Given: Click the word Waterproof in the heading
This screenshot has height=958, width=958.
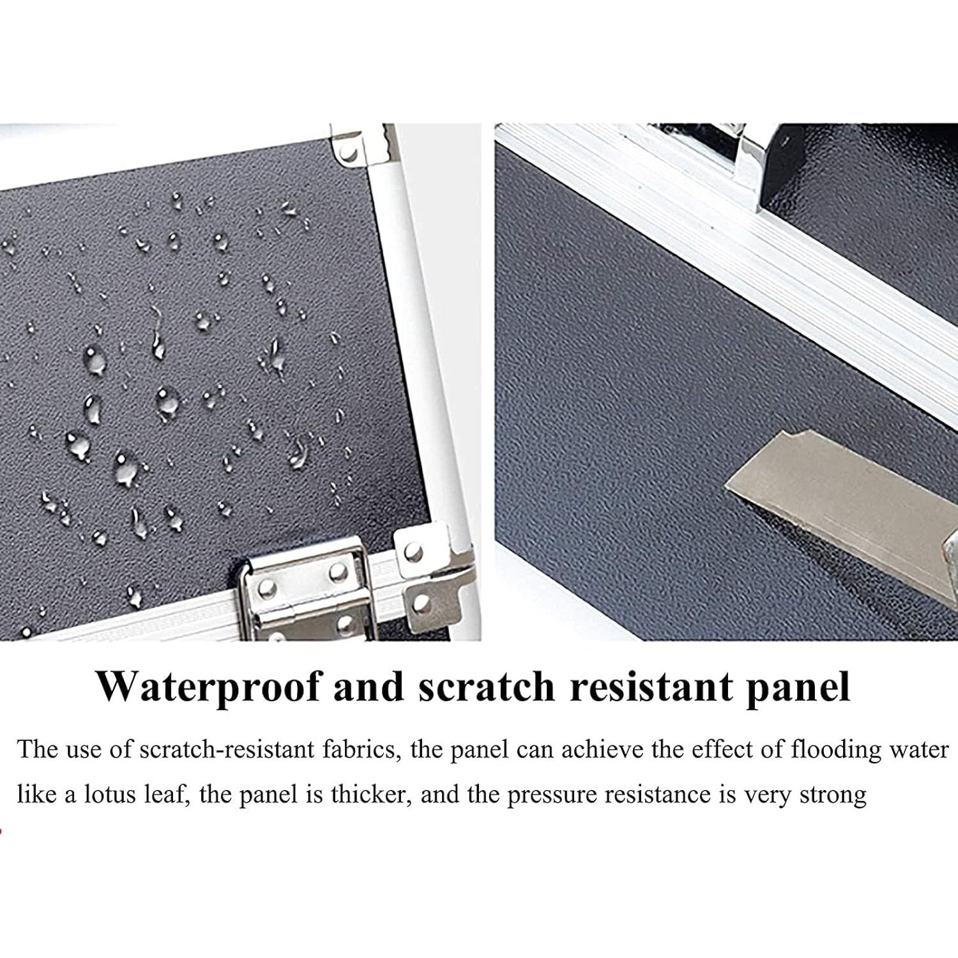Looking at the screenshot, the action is tap(208, 687).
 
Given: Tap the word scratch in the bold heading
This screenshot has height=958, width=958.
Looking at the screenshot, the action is tap(487, 687).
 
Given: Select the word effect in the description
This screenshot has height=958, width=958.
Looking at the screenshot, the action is tap(721, 749).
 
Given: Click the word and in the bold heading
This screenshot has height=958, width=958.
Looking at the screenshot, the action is tap(369, 687).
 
